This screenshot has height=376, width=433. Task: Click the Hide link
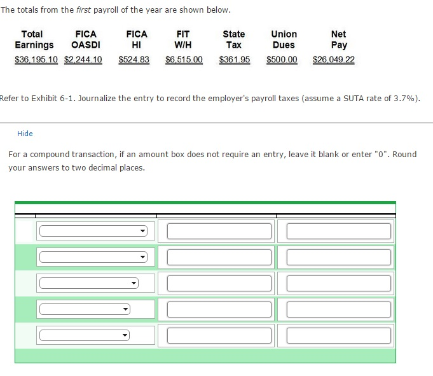25,134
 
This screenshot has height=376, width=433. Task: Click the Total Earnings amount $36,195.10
36,59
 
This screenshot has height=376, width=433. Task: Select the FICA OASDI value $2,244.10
83,59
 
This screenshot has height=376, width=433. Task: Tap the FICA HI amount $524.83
134,59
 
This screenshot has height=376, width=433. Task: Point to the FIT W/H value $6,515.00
184,59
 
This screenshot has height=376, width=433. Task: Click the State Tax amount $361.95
235,59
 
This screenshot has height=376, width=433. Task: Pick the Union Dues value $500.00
282,59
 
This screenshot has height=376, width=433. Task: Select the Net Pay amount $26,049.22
334,59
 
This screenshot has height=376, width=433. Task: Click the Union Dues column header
284,39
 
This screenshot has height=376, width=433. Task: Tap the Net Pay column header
339,39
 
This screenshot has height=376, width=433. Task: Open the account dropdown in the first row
93,231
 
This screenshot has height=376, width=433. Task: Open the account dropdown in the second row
93,257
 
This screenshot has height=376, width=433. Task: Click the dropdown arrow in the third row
134,283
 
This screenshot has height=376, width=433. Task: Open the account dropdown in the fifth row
85,335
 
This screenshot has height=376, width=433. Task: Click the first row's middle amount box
219,231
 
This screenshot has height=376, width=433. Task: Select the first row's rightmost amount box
339,231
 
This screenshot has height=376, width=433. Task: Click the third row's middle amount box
219,284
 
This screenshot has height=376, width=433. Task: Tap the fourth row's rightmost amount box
339,309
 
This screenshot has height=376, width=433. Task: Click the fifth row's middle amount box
219,335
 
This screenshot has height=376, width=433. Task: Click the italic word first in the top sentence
83,10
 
